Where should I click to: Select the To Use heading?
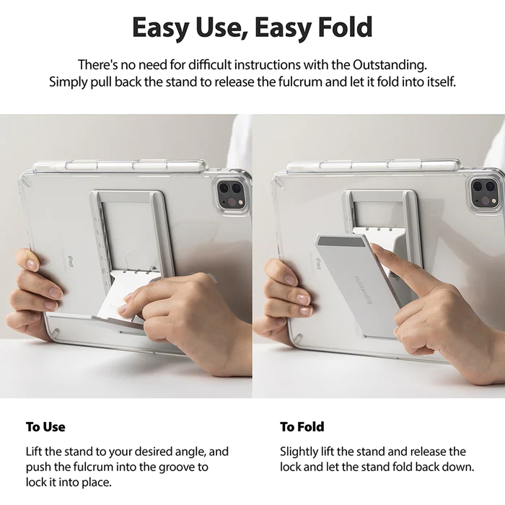click(x=45, y=426)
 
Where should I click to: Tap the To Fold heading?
click(x=302, y=426)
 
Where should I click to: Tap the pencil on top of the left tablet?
click(x=115, y=166)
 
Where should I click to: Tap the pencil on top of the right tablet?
click(x=372, y=166)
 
